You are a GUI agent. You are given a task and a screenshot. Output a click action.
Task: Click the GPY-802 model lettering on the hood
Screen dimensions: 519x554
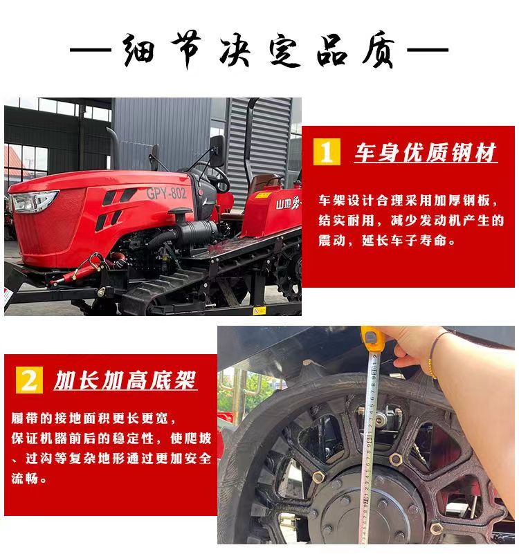click(166, 193)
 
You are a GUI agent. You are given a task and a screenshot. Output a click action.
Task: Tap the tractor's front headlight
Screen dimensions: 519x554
click(35, 201)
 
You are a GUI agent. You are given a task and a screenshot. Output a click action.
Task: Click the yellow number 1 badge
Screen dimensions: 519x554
click(327, 151)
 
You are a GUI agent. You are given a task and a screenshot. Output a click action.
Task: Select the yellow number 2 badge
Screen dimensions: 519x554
click(29, 380)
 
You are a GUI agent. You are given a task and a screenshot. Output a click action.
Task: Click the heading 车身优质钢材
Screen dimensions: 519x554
click(426, 153)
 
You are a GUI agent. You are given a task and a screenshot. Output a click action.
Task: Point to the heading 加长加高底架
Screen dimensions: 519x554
click(125, 380)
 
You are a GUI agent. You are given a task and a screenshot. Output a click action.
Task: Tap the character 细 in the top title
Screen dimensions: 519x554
click(139, 50)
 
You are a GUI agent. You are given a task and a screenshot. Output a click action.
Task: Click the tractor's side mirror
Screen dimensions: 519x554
click(217, 151)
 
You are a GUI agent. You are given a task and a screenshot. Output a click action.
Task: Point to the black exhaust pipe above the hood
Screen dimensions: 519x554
click(113, 149)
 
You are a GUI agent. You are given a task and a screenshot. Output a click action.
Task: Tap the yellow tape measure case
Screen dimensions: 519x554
click(372, 339)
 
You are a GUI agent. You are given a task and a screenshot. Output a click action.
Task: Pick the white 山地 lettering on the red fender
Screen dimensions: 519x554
click(282, 204)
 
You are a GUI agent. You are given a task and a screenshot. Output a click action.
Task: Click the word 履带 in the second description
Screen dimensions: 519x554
click(25, 418)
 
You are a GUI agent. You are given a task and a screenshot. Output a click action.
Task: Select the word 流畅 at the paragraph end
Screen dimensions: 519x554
click(25, 479)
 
